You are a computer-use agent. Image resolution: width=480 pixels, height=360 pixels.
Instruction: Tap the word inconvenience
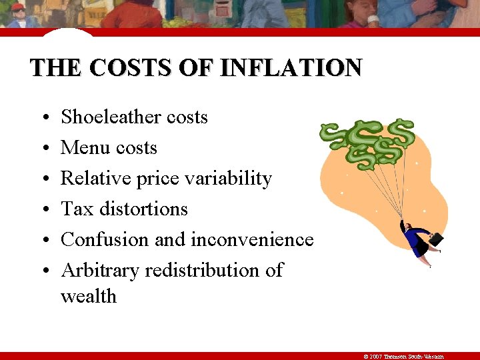coord(253,240)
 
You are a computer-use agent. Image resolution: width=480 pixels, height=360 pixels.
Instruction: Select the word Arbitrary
coord(100,271)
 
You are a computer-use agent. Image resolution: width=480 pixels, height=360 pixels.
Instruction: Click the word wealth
coord(89,296)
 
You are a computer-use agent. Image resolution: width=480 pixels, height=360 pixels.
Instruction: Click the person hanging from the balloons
coord(419,240)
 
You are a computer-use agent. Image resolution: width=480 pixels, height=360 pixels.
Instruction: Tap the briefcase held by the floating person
coord(434,239)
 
